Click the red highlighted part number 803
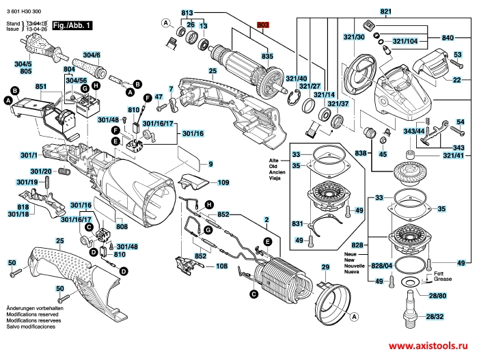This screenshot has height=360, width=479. point(264,25)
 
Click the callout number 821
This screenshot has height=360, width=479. point(386,12)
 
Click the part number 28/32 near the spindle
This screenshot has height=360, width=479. point(434,317)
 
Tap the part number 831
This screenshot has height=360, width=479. point(297,223)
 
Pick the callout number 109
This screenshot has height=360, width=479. point(223,182)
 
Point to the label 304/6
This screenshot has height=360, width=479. point(92,55)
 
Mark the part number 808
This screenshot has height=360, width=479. point(121,227)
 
